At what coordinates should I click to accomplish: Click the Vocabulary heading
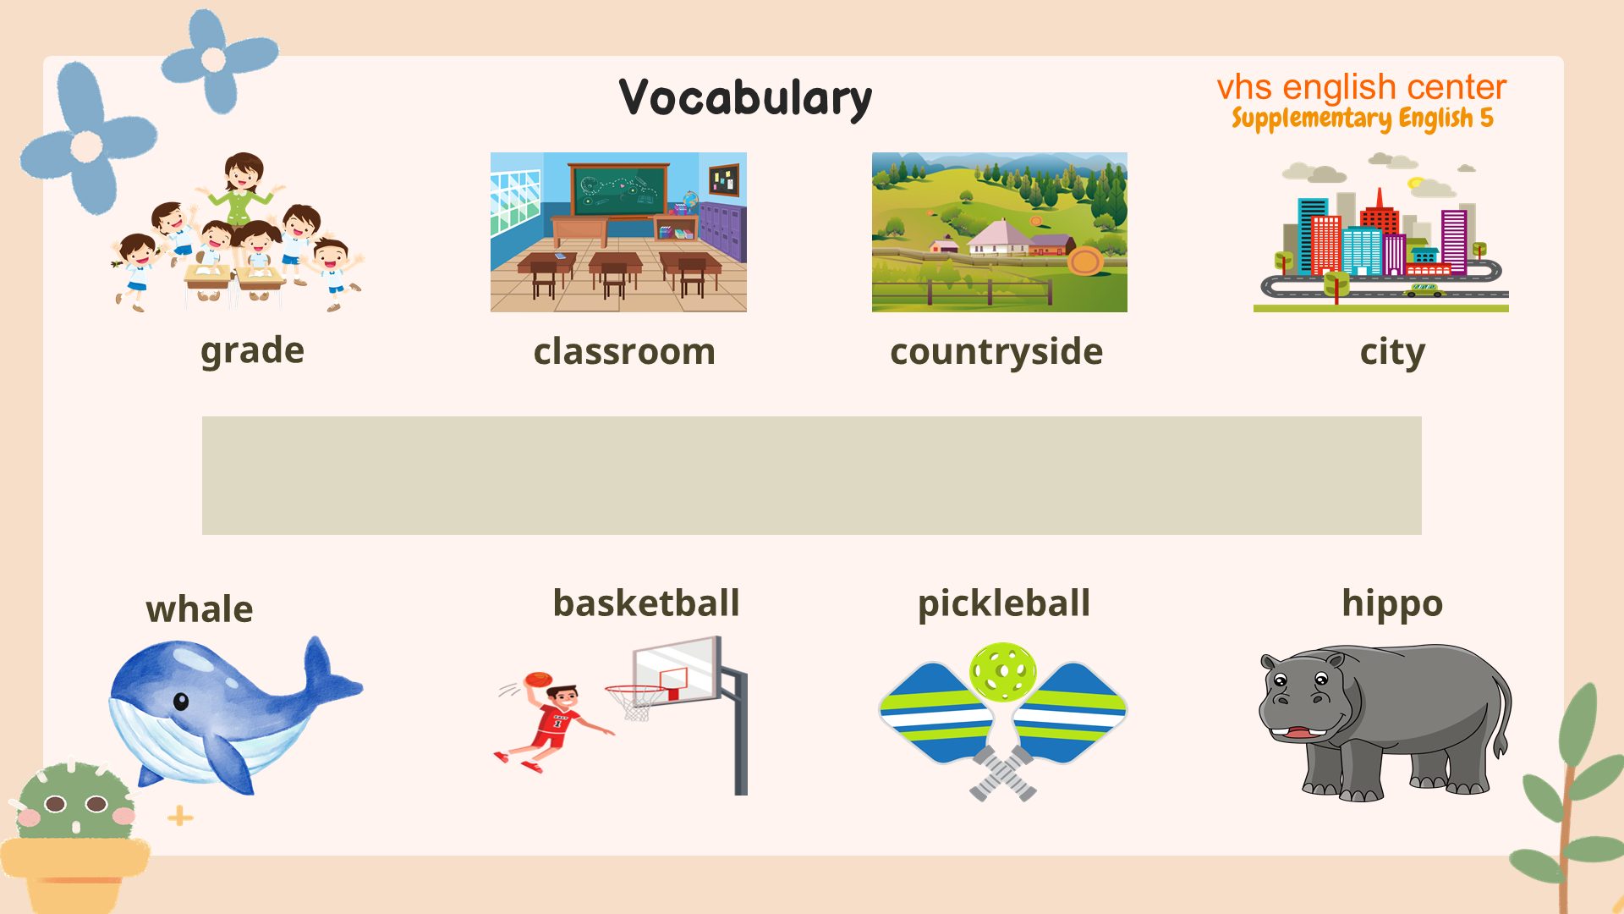coord(745,98)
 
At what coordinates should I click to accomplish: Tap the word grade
coord(252,350)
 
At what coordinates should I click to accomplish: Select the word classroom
coord(624,351)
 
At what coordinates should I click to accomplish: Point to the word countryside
coord(996,351)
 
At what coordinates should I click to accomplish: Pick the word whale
coord(200,608)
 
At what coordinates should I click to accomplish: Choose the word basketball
coord(646,603)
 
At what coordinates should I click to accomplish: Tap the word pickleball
coord(1004,603)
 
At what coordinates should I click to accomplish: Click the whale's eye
coord(181,701)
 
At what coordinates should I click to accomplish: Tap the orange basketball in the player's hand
coord(538,680)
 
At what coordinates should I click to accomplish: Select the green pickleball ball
coord(1003,672)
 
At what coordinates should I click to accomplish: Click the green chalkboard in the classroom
coord(618,191)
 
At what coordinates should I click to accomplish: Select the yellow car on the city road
coord(1424,290)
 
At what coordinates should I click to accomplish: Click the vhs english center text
coord(1362,87)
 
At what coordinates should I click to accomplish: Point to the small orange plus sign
coord(180,817)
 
